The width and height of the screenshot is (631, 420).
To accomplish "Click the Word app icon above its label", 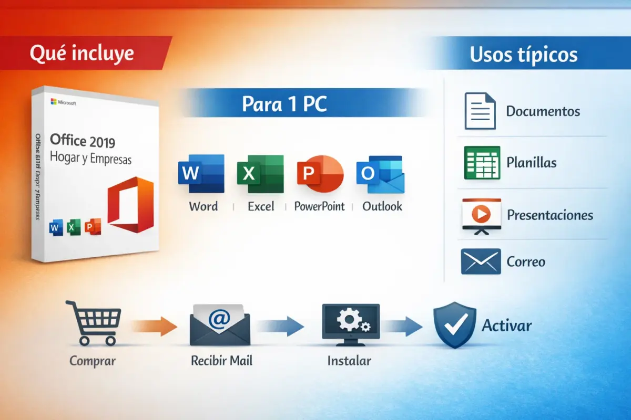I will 201,173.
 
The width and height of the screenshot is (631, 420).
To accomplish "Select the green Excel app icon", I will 260,173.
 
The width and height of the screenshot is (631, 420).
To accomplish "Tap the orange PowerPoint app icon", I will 320,173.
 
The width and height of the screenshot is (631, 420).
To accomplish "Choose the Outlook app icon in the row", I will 380,174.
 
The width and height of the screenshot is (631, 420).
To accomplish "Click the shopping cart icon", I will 94,322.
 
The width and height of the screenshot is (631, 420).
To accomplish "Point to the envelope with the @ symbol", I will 220,324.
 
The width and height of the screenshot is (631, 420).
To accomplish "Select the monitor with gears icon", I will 350,324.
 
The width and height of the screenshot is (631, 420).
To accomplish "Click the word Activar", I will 506,325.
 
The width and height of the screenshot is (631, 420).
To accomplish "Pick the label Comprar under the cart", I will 93,361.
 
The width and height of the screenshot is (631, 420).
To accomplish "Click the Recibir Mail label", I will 221,361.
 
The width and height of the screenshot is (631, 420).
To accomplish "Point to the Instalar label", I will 349,361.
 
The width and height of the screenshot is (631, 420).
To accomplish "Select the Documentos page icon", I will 480,111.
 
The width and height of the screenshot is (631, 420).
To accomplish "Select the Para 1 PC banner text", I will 284,104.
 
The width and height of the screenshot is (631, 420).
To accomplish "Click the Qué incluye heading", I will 82,53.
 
